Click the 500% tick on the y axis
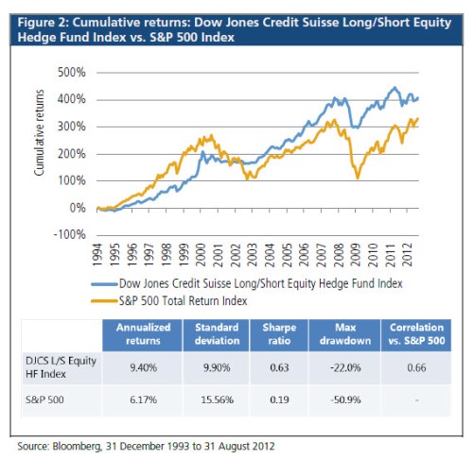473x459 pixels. point(72,73)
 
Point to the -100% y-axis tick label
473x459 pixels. point(70,234)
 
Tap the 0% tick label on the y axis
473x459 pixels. point(77,208)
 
